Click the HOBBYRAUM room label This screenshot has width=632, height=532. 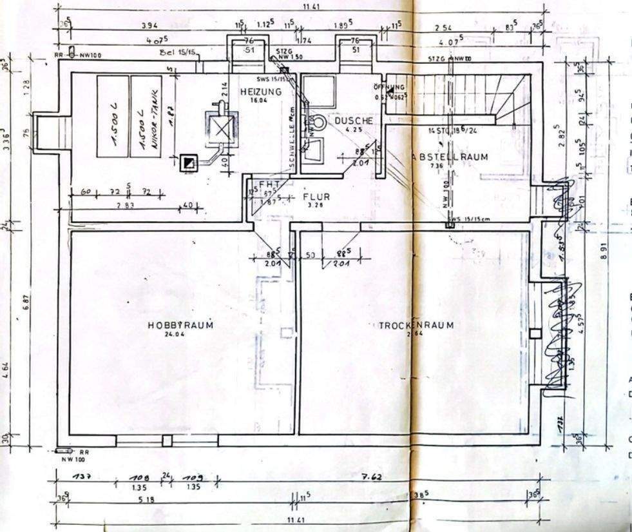(180, 325)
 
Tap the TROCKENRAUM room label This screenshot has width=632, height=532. (416, 326)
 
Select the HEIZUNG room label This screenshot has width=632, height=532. (261, 92)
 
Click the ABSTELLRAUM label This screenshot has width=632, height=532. (450, 157)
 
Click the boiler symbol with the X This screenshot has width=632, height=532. (222, 130)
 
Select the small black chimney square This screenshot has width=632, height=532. (188, 163)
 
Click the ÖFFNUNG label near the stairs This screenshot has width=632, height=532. (389, 87)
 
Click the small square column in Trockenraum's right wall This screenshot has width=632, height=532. (535, 333)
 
